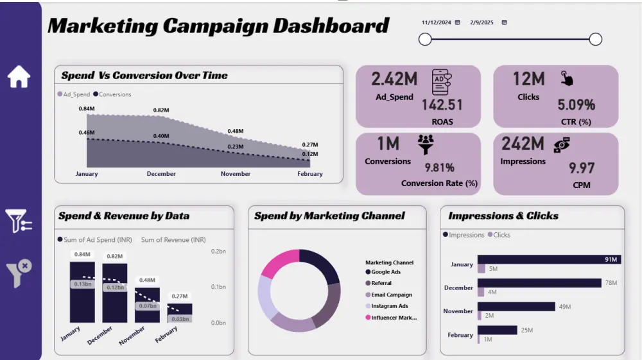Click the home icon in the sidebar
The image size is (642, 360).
pos(19,76)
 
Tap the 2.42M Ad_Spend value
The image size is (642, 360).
pos(394,79)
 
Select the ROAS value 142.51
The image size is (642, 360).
pos(442,105)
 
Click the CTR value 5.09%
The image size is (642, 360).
pos(576,105)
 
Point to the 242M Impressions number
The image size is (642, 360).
pos(523,143)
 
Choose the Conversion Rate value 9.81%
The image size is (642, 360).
pos(439,168)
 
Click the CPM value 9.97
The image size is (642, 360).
pos(582,169)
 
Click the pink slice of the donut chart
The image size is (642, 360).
pos(279,262)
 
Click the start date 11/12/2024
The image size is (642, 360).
pos(437,22)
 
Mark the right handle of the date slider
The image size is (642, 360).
pos(595,40)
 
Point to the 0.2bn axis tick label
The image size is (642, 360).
pos(219,252)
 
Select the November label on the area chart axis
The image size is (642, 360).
pos(235,174)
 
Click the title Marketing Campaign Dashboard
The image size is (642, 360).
pos(218,26)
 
